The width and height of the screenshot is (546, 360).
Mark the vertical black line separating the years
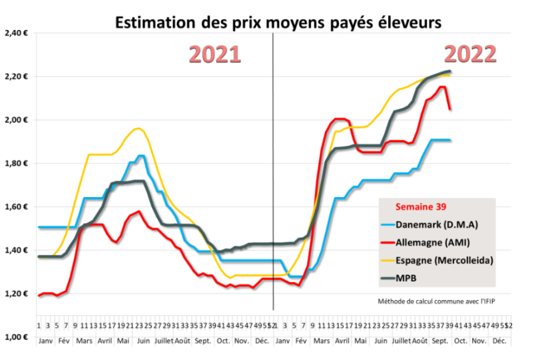click(x=273, y=200)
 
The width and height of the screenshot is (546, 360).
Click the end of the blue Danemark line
click(x=451, y=140)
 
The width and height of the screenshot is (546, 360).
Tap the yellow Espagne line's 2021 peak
click(x=137, y=128)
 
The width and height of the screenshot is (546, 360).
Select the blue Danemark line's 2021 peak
click(x=141, y=156)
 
